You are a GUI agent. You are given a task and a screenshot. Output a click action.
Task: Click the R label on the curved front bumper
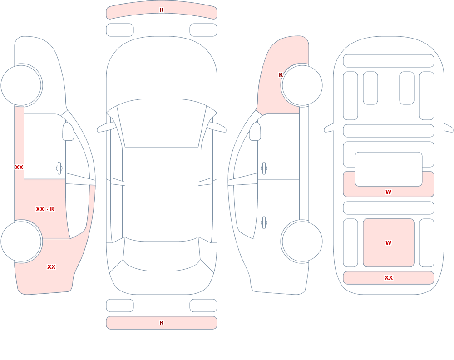click(161, 10)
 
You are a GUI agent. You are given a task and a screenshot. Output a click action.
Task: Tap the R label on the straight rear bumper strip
click(161, 323)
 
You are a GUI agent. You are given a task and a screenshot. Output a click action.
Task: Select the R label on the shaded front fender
click(281, 75)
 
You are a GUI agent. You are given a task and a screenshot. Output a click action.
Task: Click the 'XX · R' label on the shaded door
click(45, 209)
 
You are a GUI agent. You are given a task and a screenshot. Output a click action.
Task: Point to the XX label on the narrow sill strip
click(19, 168)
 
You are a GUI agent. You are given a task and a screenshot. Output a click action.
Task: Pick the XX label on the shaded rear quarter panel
click(51, 267)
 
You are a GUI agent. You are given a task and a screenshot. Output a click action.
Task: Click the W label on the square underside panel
click(388, 243)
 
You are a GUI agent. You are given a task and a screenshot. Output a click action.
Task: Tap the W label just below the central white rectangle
click(388, 192)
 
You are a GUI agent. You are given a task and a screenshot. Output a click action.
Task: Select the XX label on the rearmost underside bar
click(388, 278)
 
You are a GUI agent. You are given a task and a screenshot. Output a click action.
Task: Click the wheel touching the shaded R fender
click(302, 85)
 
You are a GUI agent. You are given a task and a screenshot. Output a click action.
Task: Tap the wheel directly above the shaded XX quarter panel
click(21, 242)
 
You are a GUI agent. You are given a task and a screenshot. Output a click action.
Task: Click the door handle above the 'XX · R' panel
click(59, 168)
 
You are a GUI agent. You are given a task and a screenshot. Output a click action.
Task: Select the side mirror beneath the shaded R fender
click(255, 132)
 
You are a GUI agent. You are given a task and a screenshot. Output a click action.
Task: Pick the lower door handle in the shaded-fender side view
click(264, 223)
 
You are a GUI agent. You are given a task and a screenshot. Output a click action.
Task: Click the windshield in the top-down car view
click(162, 123)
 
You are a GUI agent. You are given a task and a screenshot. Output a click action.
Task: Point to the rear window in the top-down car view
click(162, 254)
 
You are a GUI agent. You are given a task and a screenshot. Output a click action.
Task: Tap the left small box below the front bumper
click(120, 30)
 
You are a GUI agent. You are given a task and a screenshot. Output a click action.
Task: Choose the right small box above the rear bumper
click(203, 306)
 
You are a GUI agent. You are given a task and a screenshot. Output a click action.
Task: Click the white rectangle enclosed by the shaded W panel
click(389, 169)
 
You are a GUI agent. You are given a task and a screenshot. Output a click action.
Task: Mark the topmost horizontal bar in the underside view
click(389, 61)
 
